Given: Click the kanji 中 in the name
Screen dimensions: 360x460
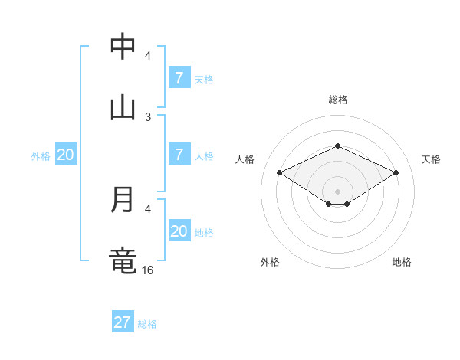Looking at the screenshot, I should click(x=123, y=47).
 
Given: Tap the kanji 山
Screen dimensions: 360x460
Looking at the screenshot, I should click(x=123, y=106).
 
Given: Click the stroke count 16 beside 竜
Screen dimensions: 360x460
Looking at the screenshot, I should click(x=149, y=270).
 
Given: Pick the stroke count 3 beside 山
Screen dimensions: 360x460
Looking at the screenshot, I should click(x=148, y=116).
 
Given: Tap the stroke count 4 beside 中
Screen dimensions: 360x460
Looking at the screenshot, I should click(x=148, y=55).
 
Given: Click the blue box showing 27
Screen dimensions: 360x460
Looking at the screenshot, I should click(x=123, y=322).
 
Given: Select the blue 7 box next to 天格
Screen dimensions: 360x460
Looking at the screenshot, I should click(x=179, y=77).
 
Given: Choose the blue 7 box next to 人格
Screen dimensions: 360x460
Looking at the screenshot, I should click(x=179, y=154).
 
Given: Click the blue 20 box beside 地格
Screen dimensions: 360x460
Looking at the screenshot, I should click(x=179, y=231).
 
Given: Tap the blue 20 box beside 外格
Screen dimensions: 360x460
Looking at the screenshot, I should click(x=65, y=154).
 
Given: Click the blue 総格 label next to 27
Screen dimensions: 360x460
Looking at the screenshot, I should click(x=147, y=324).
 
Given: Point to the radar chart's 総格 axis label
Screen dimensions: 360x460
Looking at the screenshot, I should click(x=337, y=100).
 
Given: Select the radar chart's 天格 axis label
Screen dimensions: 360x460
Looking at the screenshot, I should click(x=431, y=159).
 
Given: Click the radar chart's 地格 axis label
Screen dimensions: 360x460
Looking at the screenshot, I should click(x=402, y=262).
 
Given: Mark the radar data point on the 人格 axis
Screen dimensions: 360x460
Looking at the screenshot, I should click(x=280, y=173).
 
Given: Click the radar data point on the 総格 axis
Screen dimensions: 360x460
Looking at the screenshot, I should click(x=337, y=146).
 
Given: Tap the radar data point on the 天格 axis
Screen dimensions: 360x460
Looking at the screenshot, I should click(x=396, y=173).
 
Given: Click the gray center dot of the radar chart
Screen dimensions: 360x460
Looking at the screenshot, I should click(x=337, y=191).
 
